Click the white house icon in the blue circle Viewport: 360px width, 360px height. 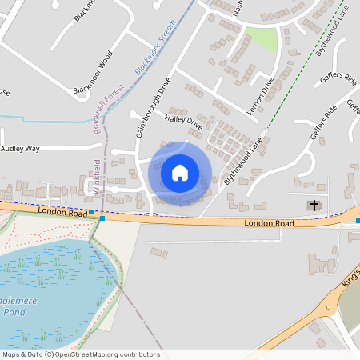pos(180,172)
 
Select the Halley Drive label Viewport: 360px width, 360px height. pos(183,119)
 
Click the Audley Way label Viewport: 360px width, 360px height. pos(20,149)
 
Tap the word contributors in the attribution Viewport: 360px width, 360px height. pos(139,354)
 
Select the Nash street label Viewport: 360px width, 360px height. pos(237,6)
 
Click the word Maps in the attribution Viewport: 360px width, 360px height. pos(11,354)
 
